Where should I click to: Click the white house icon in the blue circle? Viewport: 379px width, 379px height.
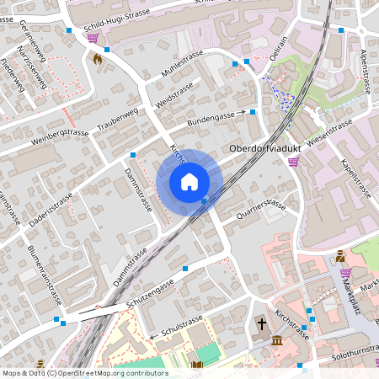coord(189,182)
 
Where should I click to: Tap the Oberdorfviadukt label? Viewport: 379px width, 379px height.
coord(266,148)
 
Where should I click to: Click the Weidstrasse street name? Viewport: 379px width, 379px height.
coord(175,94)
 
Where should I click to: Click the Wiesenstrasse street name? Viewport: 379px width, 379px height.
coord(329,132)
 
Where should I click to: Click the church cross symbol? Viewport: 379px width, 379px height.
coord(261,323)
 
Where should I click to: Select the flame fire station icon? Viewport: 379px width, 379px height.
coord(98,60)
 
